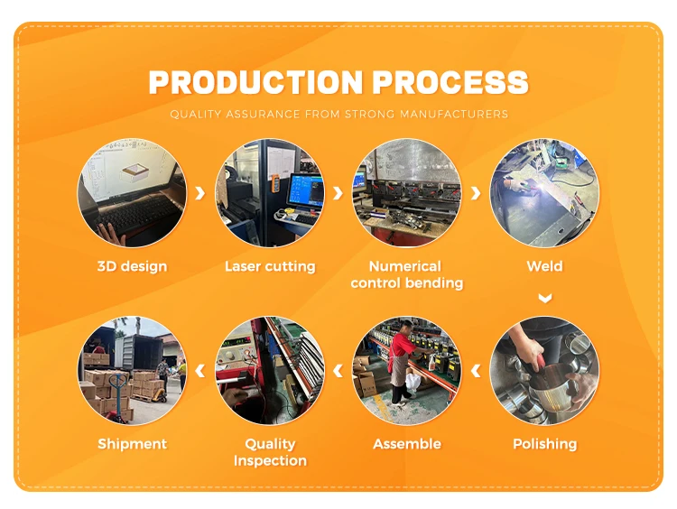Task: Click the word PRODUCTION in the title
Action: pos(255,82)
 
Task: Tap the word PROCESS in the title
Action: pos(450,82)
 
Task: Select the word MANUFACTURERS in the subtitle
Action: pos(454,114)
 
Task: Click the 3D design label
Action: pos(132,266)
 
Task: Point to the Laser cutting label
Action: pos(270,266)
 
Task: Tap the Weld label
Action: pos(544,266)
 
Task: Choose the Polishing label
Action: pos(545,444)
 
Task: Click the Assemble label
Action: pos(407,444)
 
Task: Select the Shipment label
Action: pos(132,444)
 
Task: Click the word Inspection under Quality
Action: pos(270,460)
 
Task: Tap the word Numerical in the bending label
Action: pos(405,266)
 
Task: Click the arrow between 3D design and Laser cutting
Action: pos(199,193)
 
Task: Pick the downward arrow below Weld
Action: pos(545,298)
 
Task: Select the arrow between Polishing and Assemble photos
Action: pos(476,370)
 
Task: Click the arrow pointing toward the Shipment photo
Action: pos(199,370)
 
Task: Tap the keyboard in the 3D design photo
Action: pos(137,213)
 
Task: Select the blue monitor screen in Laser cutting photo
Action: pos(306,190)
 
